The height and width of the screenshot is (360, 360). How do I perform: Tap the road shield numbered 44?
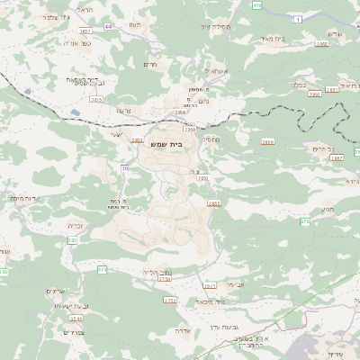pyautogui.click(x=108, y=26)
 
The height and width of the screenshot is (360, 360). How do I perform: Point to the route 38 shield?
pyautogui.click(x=125, y=167)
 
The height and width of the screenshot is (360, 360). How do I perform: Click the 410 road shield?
pyautogui.click(x=257, y=5)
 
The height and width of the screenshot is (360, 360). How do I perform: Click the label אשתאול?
pyautogui.click(x=218, y=70)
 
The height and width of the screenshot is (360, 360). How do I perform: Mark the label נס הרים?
pyautogui.click(x=323, y=148)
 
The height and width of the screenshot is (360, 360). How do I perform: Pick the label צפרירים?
pyautogui.click(x=74, y=332)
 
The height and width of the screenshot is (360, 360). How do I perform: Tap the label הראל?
pyautogui.click(x=85, y=8)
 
